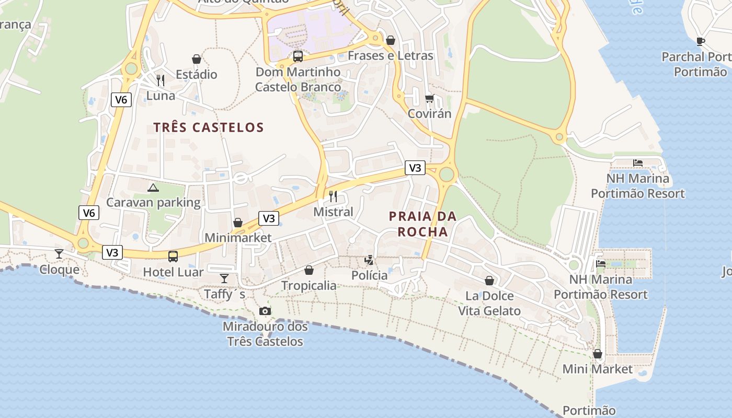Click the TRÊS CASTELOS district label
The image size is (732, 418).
pos(209,127)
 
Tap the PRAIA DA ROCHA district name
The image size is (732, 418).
pos(422,224)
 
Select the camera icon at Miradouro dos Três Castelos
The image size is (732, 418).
pos(265,311)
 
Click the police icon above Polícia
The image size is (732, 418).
pos(369,260)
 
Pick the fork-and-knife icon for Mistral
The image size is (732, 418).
pos(333,196)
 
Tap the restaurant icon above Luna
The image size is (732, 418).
pos(161,80)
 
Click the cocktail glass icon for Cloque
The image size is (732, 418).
pos(59,254)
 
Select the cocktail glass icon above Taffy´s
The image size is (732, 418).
pos(224,278)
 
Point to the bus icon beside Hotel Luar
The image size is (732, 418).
pos(173,256)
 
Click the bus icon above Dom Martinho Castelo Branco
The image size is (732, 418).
pos(298,56)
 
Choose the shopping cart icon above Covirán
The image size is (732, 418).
pos(430,98)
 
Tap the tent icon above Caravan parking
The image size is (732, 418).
pos(153,188)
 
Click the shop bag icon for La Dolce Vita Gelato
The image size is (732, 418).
pos(489,281)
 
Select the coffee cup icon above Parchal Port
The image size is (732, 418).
pos(701,41)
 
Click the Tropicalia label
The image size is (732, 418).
pos(309,285)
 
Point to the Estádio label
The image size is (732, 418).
pos(197,74)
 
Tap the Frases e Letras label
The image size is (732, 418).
pos(391,55)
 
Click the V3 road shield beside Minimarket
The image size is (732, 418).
pos(269,218)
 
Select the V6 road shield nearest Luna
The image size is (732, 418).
pos(121,99)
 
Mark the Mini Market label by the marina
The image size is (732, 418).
pos(598,369)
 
